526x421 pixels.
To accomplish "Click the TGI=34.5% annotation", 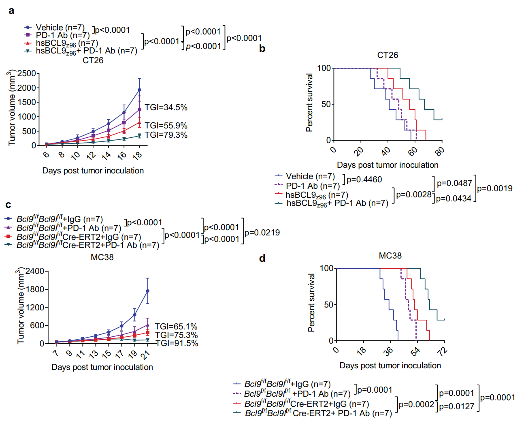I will click(x=166, y=107).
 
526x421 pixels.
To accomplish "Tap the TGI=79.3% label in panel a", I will click(x=166, y=135).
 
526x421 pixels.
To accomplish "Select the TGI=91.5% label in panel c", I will click(x=177, y=343).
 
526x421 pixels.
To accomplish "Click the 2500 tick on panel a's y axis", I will click(x=27, y=73).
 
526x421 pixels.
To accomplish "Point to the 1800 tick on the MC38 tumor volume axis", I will click(x=35, y=289).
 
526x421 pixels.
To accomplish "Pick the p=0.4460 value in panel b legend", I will click(x=364, y=180).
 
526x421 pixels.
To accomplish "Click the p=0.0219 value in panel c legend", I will click(x=262, y=233).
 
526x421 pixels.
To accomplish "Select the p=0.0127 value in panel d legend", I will click(x=456, y=406).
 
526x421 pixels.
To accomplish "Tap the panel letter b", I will click(x=262, y=49).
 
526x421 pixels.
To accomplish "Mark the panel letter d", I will click(x=262, y=258).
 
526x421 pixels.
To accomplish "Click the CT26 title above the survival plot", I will click(x=388, y=55).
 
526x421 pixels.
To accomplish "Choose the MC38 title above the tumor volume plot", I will click(x=102, y=257).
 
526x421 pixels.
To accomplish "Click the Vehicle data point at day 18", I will click(x=140, y=90).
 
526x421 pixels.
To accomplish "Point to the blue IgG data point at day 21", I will click(x=148, y=291).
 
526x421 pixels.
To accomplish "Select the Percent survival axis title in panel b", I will click(x=310, y=103).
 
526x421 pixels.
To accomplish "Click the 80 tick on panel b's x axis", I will click(x=439, y=151).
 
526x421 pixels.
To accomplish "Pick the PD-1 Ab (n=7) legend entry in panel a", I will click(x=63, y=35).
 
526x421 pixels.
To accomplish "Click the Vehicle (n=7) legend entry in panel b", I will click(x=310, y=176).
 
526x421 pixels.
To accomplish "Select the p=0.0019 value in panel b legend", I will click(x=494, y=188).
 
